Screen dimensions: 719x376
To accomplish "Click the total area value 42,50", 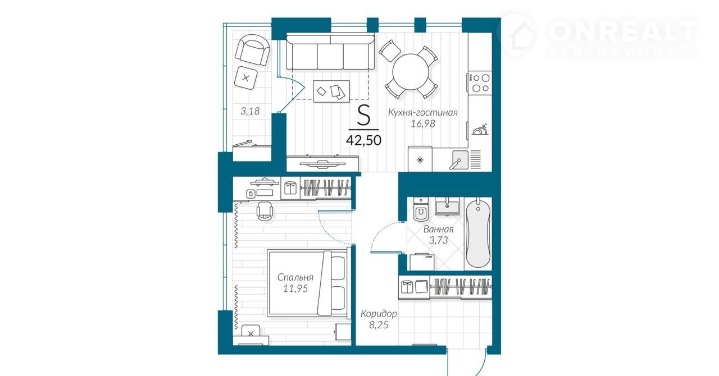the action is pos(363,140).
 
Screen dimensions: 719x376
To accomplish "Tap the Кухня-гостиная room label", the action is pos(423,113).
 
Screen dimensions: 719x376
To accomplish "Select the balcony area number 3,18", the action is pos(250,111).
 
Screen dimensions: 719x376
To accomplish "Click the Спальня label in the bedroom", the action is pos(295,277).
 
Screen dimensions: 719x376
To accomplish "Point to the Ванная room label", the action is pos(439,230).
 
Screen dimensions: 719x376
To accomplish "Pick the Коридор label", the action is pos(379,314).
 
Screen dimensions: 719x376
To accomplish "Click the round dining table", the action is pos(411,72).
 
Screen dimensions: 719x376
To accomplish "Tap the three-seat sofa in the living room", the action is pos(330,52).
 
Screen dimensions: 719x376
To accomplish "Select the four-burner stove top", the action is pos(480,83).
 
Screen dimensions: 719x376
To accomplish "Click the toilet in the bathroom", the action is pos(421,209).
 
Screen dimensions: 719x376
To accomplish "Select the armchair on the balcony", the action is pos(252,50).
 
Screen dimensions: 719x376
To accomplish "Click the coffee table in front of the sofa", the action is pos(331,91).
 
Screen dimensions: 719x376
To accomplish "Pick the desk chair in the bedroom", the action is pos(265,211).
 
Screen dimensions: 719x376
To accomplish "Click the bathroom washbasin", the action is pos(447,207).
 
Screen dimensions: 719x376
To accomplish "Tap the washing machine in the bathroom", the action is pos(422,263).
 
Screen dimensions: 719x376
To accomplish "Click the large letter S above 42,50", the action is pos(364,116).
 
